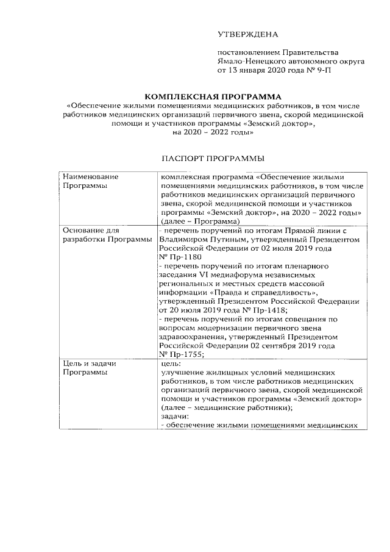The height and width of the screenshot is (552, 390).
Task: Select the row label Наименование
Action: tap(91, 176)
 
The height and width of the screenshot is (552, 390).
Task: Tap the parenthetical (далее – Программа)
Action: tap(200, 221)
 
